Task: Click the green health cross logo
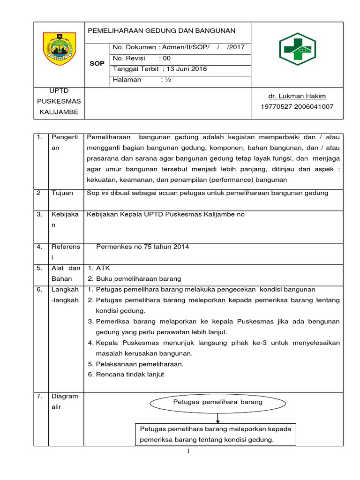(298, 49)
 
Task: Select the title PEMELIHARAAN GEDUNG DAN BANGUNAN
(161, 31)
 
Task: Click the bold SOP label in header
(97, 63)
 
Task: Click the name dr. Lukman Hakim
(297, 96)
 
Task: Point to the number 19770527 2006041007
(297, 106)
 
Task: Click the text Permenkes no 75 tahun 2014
(142, 247)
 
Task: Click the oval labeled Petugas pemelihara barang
(218, 403)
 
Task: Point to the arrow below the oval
(218, 418)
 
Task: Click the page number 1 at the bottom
(188, 451)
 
